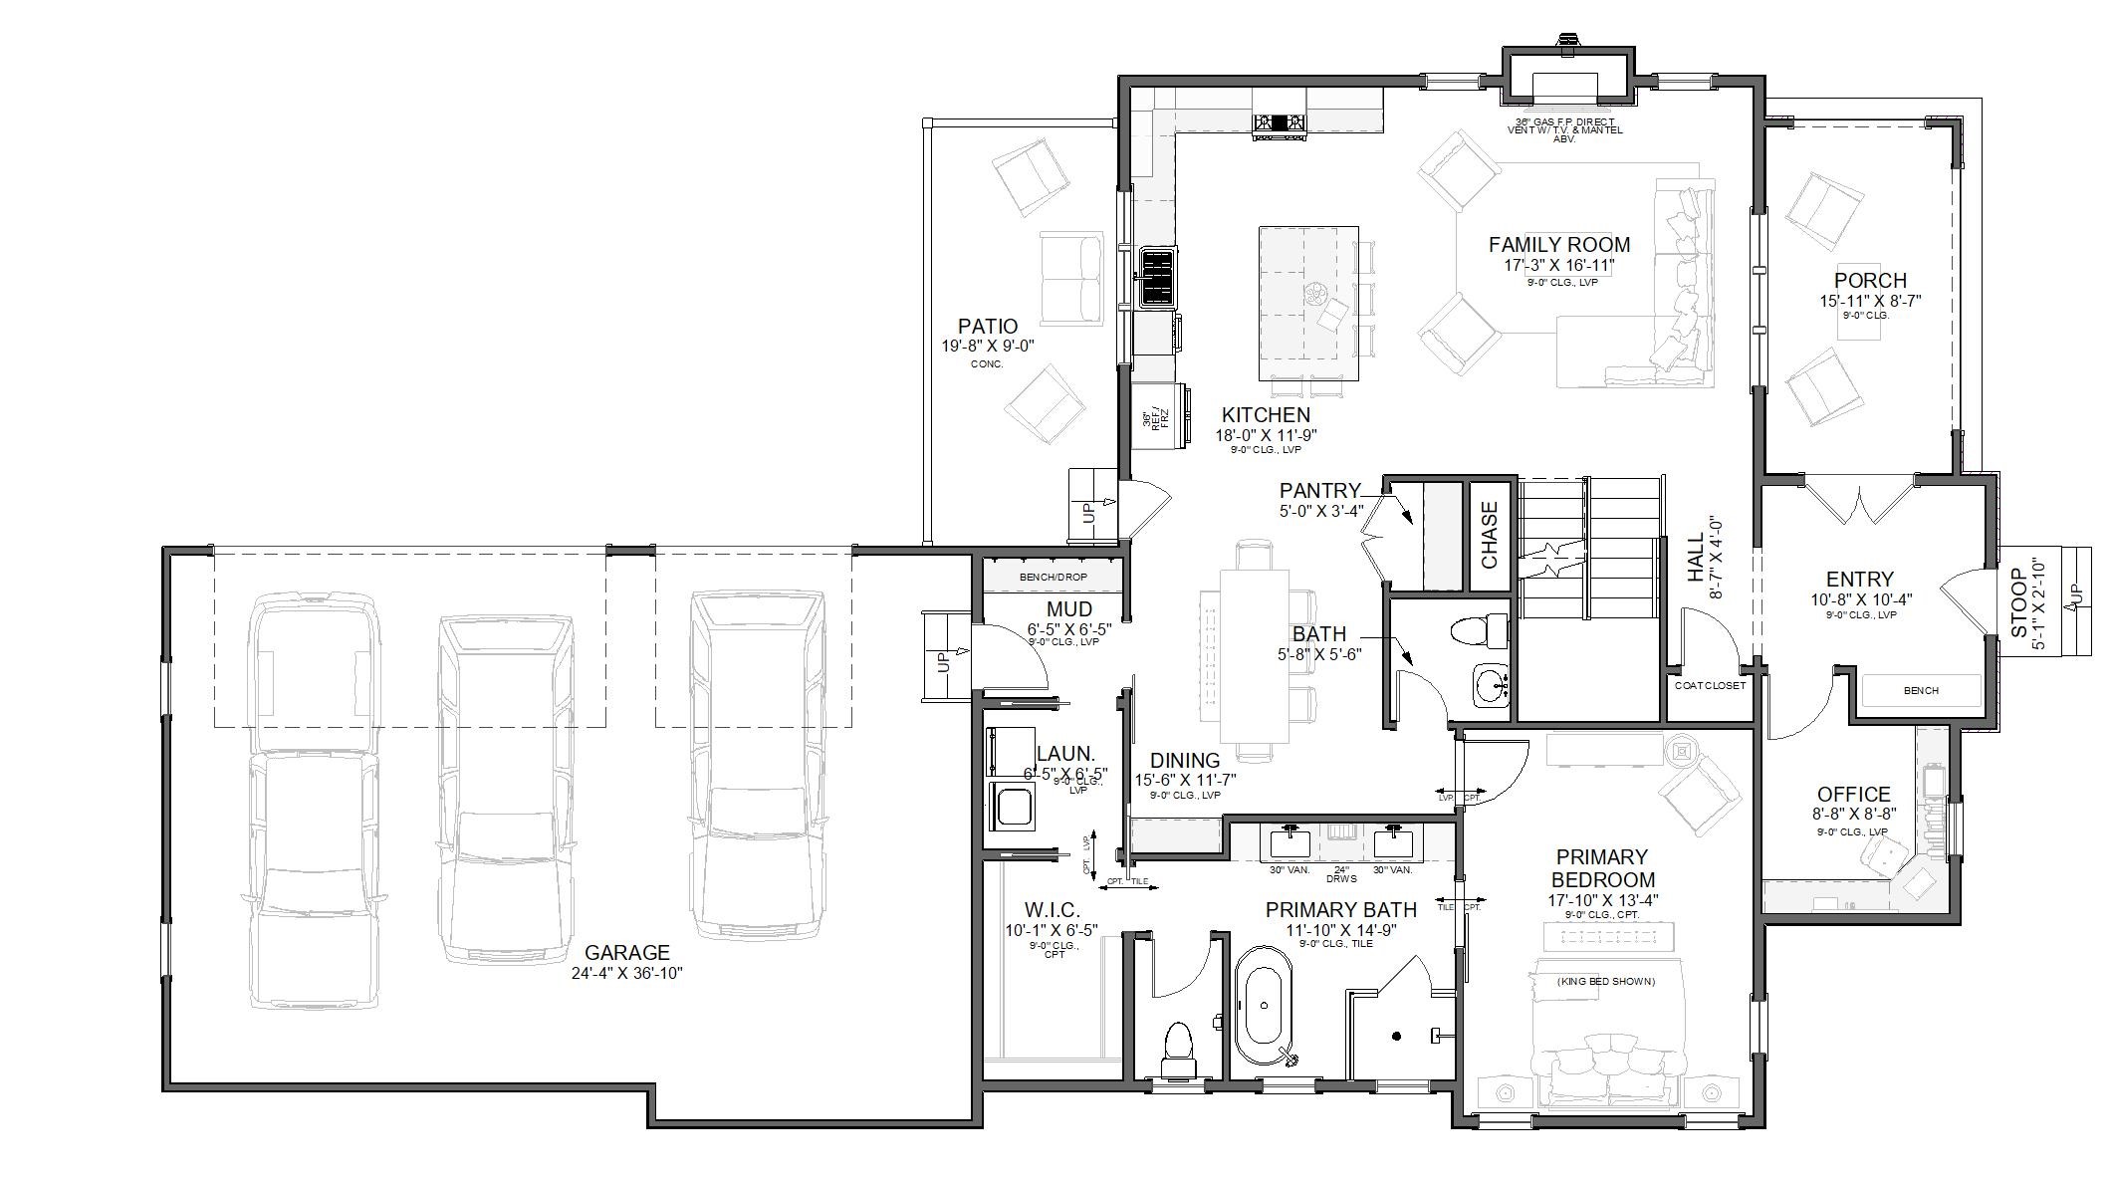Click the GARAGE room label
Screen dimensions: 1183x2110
(x=626, y=952)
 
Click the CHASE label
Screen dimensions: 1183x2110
(x=1490, y=535)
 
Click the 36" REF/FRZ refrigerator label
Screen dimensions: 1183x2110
(x=1155, y=419)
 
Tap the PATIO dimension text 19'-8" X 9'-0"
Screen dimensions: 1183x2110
(x=987, y=346)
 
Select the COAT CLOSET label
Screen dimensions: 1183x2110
(x=1710, y=685)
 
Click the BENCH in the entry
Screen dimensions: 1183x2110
(x=1920, y=690)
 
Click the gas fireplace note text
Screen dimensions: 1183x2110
(x=1564, y=129)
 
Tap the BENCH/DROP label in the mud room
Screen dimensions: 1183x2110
(x=1053, y=577)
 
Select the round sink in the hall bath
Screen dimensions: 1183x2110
(x=1491, y=685)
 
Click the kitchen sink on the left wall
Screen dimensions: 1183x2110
(x=1158, y=277)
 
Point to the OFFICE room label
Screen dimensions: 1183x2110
(x=1853, y=794)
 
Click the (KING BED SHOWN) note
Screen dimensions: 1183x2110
(x=1605, y=981)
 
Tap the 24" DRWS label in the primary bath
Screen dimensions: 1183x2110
(x=1341, y=873)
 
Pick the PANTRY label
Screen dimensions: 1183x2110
(x=1319, y=490)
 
